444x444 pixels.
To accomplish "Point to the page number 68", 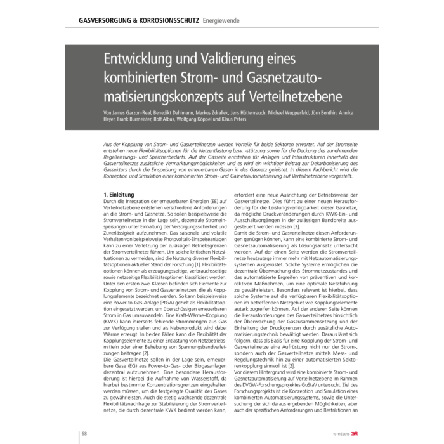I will coord(83,433).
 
